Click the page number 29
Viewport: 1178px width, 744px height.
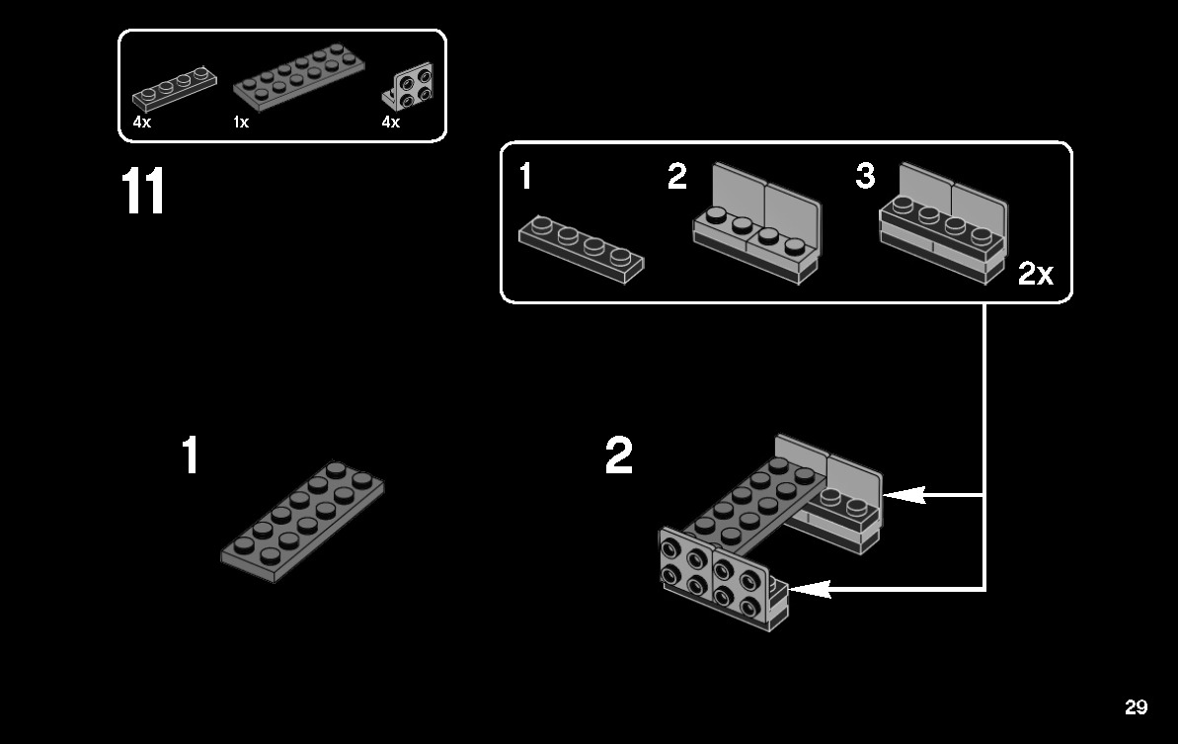click(1136, 707)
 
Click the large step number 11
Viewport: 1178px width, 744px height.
click(143, 192)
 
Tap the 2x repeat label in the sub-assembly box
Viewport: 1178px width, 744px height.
click(1036, 274)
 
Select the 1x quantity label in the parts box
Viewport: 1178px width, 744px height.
click(241, 123)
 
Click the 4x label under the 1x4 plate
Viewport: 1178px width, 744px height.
click(142, 123)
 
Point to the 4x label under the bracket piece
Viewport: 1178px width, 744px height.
click(391, 123)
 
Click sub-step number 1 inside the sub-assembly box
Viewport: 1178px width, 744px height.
click(525, 178)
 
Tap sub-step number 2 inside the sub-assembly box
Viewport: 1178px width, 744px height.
click(676, 178)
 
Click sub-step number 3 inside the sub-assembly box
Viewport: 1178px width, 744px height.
click(865, 177)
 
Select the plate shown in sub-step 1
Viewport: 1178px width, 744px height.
click(581, 249)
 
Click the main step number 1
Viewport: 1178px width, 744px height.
click(191, 456)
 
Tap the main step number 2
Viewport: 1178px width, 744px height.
click(619, 456)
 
